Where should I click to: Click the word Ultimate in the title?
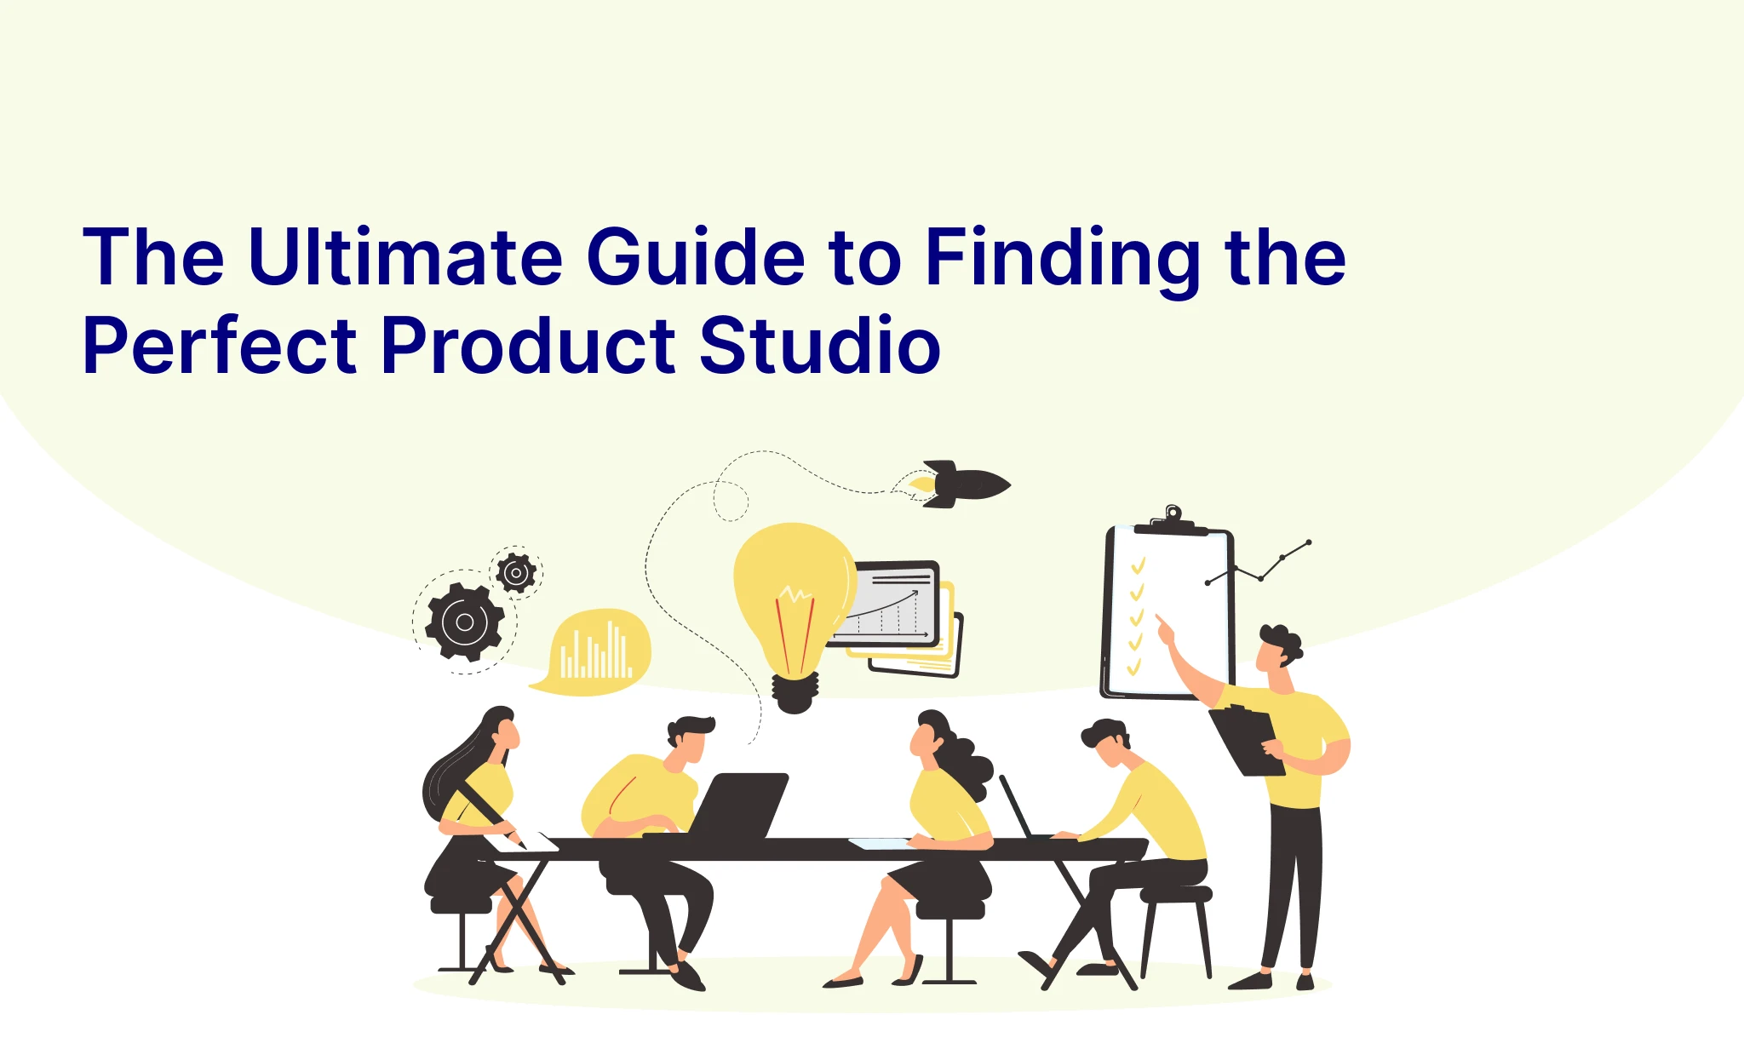coord(405,255)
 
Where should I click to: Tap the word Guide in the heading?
coord(696,255)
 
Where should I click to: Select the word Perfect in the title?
coord(220,345)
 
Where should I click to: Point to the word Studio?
coord(820,345)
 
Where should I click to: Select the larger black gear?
coord(465,622)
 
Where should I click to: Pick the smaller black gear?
coord(516,573)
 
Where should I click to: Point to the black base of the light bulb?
coord(795,693)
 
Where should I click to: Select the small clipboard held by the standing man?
coord(1247,741)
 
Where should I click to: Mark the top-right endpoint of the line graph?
coord(1309,542)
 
